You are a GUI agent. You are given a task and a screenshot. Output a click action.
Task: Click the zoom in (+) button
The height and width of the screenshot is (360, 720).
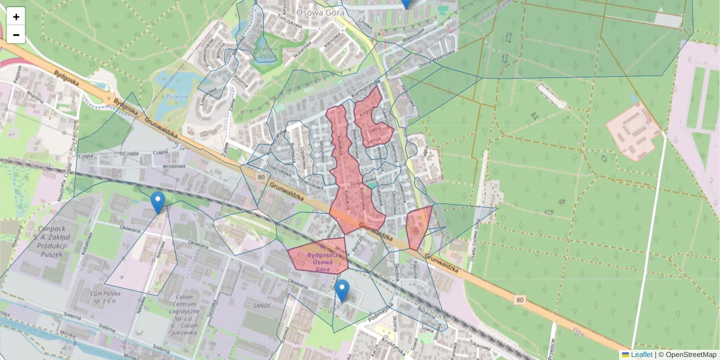point(16,17)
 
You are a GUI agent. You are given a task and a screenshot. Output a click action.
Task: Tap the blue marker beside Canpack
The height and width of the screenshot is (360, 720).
point(158,203)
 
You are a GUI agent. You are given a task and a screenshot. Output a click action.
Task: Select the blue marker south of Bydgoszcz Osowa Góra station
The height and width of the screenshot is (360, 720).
point(342,290)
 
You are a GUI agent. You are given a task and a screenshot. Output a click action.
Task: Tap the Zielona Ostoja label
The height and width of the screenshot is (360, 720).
point(267,53)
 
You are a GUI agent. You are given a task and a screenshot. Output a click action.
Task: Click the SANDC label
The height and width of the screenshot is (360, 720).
point(263,305)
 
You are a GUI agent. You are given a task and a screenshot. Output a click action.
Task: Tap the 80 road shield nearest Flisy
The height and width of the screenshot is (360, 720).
point(520,298)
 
